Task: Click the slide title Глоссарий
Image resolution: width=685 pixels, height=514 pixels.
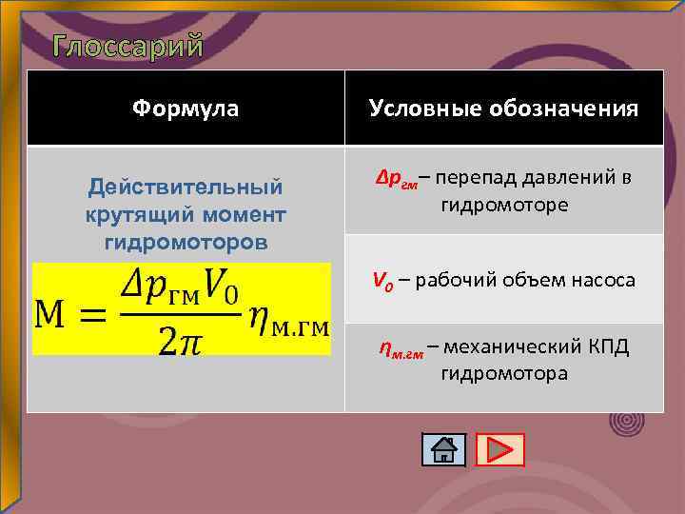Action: tap(127, 45)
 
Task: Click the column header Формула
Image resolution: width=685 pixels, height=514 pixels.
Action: tap(186, 109)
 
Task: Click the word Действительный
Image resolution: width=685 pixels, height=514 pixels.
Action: tap(186, 182)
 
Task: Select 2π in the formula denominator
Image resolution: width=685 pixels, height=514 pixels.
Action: tap(182, 339)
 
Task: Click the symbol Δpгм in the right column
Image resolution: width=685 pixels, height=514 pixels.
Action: tap(395, 181)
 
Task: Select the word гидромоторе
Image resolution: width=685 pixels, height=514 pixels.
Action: tap(504, 205)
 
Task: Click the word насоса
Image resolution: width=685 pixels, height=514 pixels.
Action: tap(604, 280)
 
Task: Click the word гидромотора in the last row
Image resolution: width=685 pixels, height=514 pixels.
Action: tap(503, 373)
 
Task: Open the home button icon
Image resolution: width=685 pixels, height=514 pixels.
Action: tap(442, 449)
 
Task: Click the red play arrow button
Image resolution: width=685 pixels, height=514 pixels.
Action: tap(499, 449)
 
